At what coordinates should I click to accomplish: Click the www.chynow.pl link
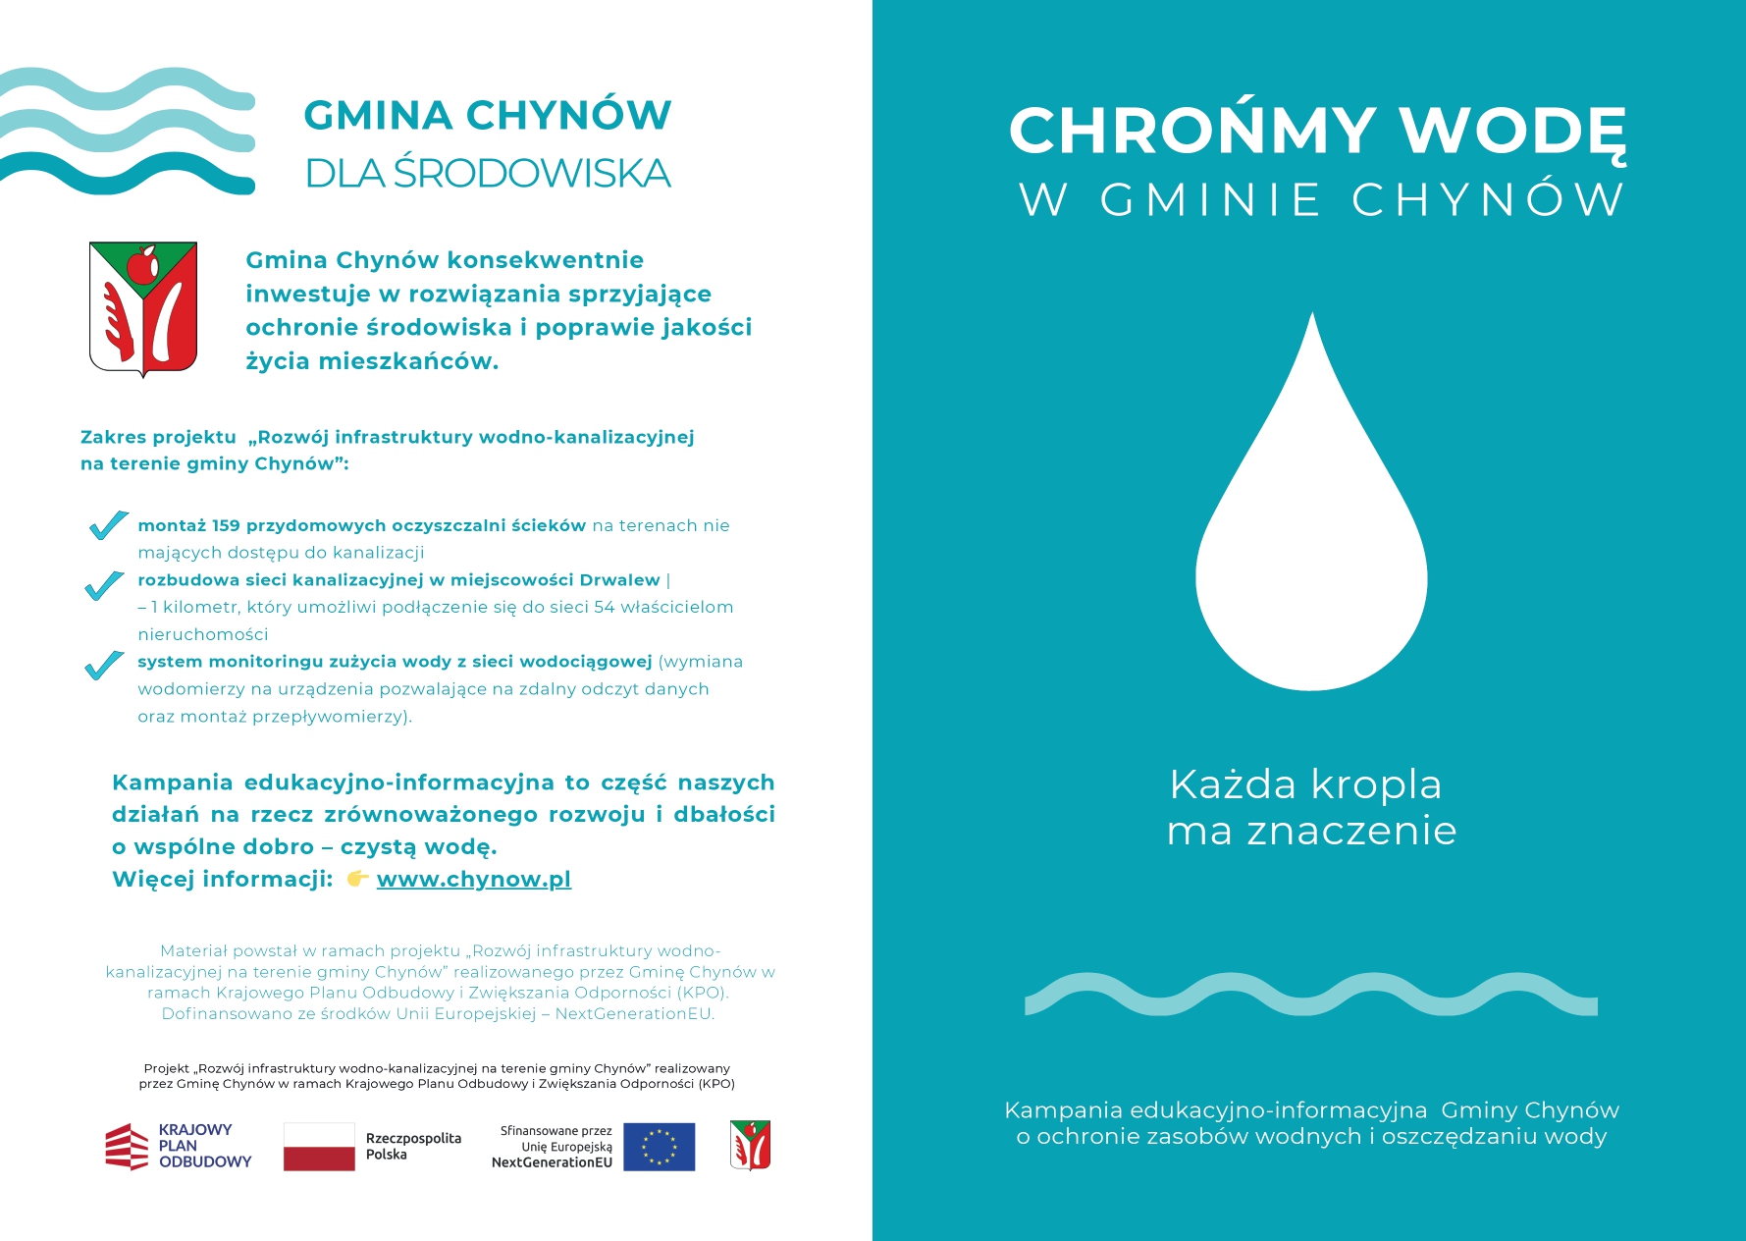[473, 879]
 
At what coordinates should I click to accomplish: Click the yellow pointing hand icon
[357, 878]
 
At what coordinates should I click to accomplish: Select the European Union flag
[659, 1147]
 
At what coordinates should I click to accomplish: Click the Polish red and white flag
[319, 1147]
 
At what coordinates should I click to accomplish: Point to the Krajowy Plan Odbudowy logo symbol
[127, 1147]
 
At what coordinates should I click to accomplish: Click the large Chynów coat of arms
[143, 308]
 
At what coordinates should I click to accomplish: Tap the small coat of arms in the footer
[750, 1145]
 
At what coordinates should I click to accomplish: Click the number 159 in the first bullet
[226, 525]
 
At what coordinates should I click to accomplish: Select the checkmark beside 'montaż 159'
[107, 525]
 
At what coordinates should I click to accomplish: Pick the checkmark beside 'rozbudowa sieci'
[104, 585]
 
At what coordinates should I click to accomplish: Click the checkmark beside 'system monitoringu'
[104, 666]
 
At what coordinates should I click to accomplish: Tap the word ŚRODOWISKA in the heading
[532, 174]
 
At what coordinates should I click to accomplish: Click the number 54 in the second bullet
[604, 607]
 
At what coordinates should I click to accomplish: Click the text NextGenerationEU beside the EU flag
[552, 1162]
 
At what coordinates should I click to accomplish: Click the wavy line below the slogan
[1311, 995]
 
